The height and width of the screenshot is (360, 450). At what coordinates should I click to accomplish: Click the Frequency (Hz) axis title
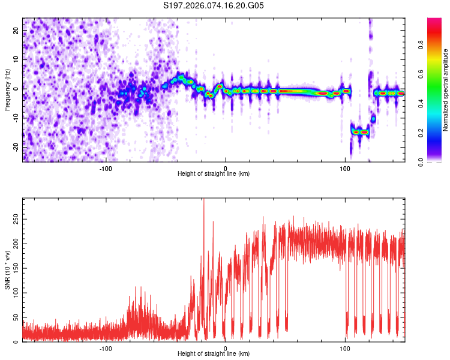pyautogui.click(x=7, y=90)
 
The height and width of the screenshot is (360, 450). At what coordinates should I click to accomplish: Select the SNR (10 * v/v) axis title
pyautogui.click(x=7, y=270)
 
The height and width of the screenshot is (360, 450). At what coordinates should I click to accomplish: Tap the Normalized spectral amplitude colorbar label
pyautogui.click(x=445, y=90)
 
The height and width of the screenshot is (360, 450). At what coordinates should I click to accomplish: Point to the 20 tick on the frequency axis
pyautogui.click(x=16, y=32)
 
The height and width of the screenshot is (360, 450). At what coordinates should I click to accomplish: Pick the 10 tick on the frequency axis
pyautogui.click(x=16, y=61)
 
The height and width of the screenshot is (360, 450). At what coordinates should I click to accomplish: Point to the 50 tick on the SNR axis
pyautogui.click(x=16, y=317)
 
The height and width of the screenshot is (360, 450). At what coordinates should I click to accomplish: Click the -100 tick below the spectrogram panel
pyautogui.click(x=106, y=169)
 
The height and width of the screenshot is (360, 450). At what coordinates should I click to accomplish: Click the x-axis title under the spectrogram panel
pyautogui.click(x=214, y=174)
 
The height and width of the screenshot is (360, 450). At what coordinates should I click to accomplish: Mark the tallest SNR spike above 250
pyautogui.click(x=204, y=200)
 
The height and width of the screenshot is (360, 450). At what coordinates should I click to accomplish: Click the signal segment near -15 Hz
pyautogui.click(x=360, y=131)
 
